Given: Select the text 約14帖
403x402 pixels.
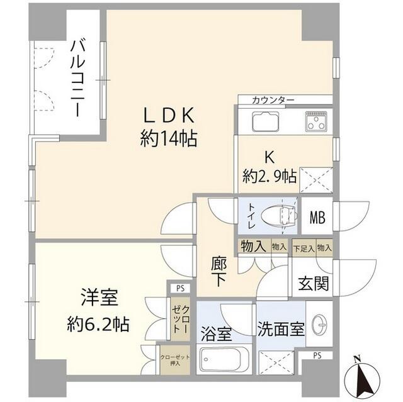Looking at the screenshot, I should [168, 138].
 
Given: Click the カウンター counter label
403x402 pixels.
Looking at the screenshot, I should [273, 100].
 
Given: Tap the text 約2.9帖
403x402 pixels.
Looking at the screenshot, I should [270, 177].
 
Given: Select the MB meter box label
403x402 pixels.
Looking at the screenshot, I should [317, 218].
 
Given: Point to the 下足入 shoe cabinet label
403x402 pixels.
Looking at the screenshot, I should [304, 248].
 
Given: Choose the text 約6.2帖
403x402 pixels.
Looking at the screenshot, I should [98, 325].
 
